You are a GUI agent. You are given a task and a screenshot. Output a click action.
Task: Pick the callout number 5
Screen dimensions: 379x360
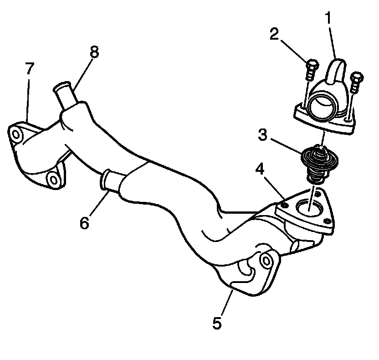pos(217,323)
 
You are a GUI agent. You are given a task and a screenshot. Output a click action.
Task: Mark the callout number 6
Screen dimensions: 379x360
pos(84,223)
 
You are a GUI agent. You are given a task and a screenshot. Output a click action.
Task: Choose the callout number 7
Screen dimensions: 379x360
pos(30,70)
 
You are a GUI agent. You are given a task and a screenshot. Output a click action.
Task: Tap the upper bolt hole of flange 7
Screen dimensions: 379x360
pos(16,135)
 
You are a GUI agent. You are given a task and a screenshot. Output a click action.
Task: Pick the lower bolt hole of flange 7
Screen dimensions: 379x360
pos(54,180)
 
